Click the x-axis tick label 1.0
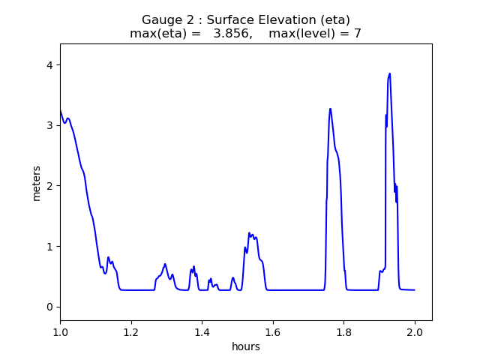pyautogui.click(x=60, y=331)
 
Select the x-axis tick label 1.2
pyautogui.click(x=131, y=331)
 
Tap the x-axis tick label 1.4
pyautogui.click(x=202, y=331)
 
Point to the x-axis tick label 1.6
pyautogui.click(x=273, y=331)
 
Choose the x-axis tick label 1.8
pyautogui.click(x=343, y=331)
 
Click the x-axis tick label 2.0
pyautogui.click(x=415, y=331)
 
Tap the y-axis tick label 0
pyautogui.click(x=49, y=307)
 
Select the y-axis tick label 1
pyautogui.click(x=49, y=246)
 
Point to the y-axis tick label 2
pyautogui.click(x=49, y=186)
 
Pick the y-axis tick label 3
pyautogui.click(x=49, y=125)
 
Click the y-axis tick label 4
pyautogui.click(x=49, y=65)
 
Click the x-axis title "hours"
pyautogui.click(x=246, y=346)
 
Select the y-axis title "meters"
pyautogui.click(x=36, y=182)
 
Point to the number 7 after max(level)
pyautogui.click(x=357, y=34)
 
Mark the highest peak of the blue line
pyautogui.click(x=389, y=73)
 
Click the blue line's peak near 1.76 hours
pyautogui.click(x=330, y=109)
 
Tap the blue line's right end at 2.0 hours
pyautogui.click(x=414, y=290)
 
